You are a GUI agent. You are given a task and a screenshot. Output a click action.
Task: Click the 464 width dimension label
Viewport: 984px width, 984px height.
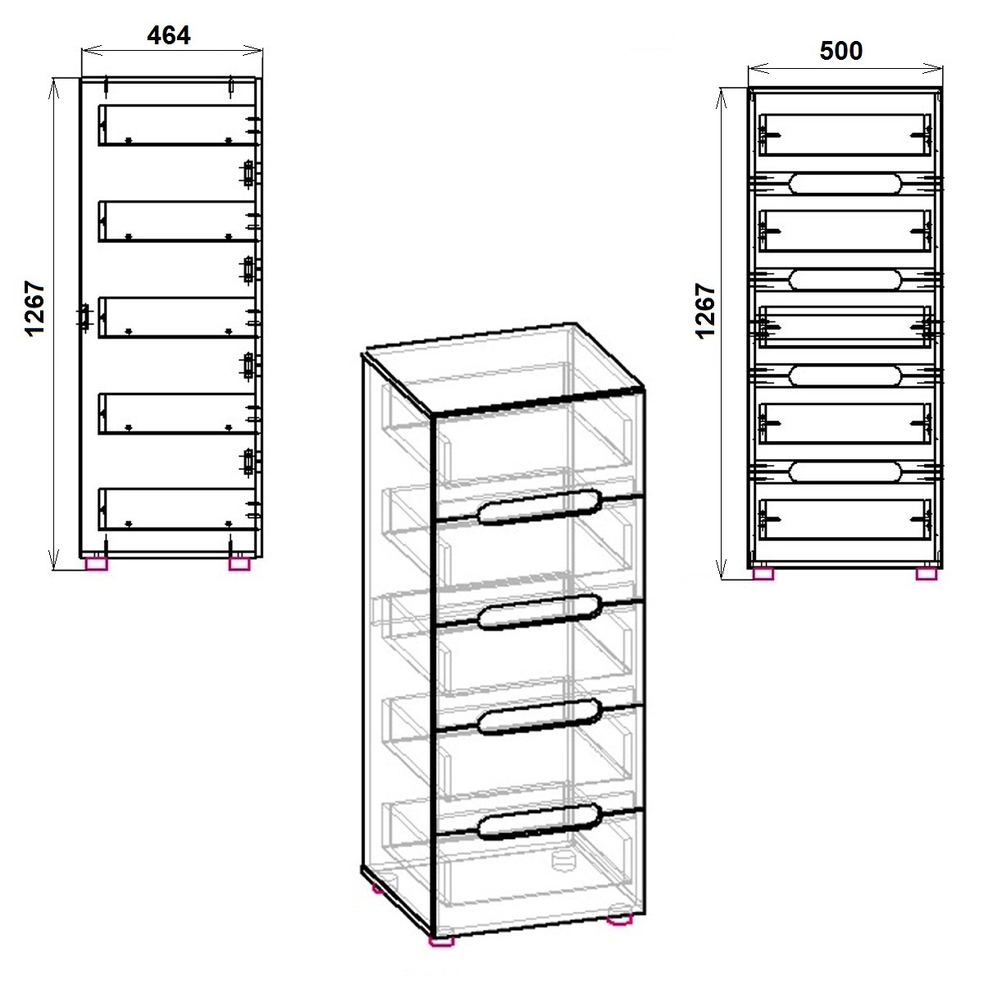pyautogui.click(x=169, y=36)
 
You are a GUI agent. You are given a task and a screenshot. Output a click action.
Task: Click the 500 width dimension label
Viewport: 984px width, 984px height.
pyautogui.click(x=841, y=51)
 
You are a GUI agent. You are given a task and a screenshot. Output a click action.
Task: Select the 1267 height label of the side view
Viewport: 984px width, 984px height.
pyautogui.click(x=35, y=308)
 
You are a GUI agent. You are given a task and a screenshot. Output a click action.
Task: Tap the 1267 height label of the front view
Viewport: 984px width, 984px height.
pyautogui.click(x=705, y=311)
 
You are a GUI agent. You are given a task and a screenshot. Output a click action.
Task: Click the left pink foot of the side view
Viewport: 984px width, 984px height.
pyautogui.click(x=97, y=563)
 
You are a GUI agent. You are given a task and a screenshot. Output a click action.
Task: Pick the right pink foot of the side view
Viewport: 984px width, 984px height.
pyautogui.click(x=239, y=563)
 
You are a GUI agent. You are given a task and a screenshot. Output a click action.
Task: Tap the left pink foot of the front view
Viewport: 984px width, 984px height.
pyautogui.click(x=763, y=574)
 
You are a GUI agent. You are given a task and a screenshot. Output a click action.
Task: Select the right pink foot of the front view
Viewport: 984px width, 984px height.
pyautogui.click(x=927, y=574)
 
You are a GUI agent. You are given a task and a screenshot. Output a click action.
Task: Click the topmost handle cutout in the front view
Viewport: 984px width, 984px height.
pyautogui.click(x=845, y=184)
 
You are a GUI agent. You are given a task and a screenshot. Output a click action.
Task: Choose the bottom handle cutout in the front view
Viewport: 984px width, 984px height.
pyautogui.click(x=845, y=472)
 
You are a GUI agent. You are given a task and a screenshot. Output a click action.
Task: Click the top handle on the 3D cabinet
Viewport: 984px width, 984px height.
pyautogui.click(x=540, y=507)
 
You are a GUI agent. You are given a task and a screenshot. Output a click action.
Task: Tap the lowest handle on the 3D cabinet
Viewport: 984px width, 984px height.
pyautogui.click(x=540, y=822)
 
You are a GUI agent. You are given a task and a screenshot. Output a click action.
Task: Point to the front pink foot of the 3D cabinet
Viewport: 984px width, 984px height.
pyautogui.click(x=442, y=941)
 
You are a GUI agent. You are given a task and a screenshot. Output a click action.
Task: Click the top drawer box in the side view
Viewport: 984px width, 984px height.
pyautogui.click(x=176, y=125)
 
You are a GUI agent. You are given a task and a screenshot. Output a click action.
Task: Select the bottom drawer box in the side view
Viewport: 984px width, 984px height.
pyautogui.click(x=176, y=509)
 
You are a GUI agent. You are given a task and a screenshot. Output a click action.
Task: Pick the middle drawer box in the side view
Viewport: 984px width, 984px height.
pyautogui.click(x=176, y=317)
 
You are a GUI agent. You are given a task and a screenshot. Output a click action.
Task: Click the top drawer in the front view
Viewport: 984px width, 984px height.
pyautogui.click(x=845, y=134)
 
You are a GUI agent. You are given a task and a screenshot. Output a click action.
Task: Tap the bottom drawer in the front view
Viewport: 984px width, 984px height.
pyautogui.click(x=845, y=519)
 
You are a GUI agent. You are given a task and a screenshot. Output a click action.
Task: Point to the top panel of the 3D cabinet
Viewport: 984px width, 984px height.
pyautogui.click(x=503, y=367)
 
